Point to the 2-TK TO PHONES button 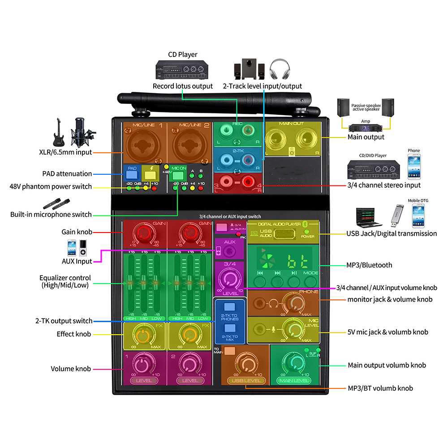[230, 307]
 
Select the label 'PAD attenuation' [67, 174]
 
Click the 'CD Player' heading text [182, 55]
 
